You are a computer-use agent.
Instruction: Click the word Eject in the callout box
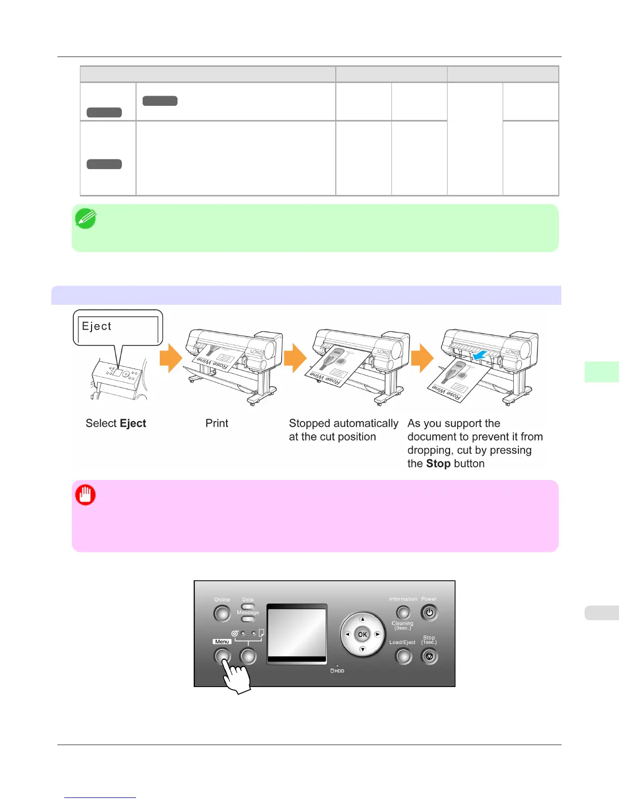[97, 327]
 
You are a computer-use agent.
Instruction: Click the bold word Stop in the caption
[438, 464]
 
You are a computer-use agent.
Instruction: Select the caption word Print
[216, 423]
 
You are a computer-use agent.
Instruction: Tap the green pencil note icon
[85, 219]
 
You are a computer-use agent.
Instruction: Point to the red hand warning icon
[85, 495]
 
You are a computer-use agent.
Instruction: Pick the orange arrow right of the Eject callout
[170, 358]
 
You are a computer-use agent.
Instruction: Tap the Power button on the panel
[429, 613]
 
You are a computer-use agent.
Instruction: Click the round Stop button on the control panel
[429, 657]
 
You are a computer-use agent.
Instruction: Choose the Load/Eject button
[403, 657]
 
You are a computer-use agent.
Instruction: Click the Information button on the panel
[403, 613]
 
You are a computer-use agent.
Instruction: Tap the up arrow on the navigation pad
[363, 619]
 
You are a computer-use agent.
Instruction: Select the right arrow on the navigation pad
[377, 634]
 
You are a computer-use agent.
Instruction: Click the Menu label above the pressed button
[222, 641]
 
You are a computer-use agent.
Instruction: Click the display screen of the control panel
[296, 633]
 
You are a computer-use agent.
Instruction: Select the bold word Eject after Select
[133, 423]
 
